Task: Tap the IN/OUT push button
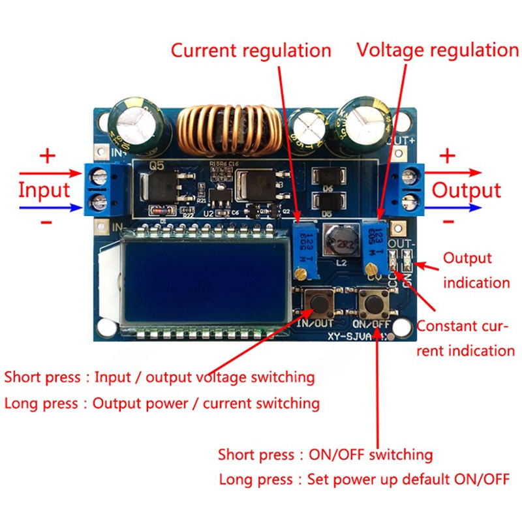point(320,302)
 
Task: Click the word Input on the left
point(44,191)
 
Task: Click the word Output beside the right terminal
point(467,191)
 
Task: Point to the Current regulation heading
point(251,50)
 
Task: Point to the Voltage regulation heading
point(437,50)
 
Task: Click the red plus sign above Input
point(48,156)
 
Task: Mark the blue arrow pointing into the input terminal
point(46,208)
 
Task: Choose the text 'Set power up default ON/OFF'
point(410,480)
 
